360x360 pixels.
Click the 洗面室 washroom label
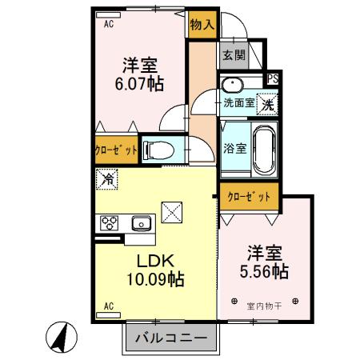(x=238, y=102)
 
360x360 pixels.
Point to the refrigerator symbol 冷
(x=106, y=179)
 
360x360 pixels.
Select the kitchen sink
(x=140, y=223)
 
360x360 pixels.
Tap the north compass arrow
(x=58, y=336)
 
